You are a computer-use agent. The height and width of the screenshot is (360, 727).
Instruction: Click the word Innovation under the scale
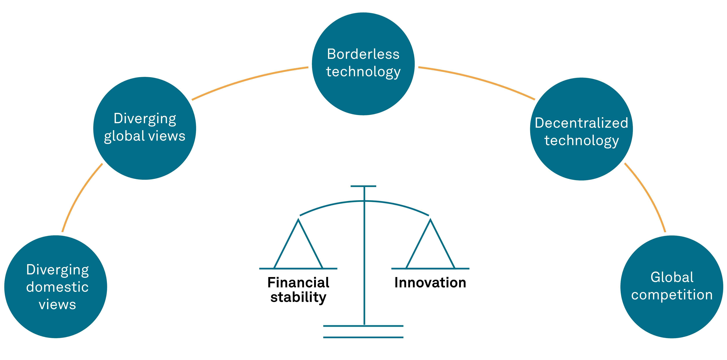pos(430,283)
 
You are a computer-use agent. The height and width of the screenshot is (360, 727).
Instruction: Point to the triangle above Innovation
pos(430,248)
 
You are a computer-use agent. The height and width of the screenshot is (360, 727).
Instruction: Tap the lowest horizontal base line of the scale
pos(363,337)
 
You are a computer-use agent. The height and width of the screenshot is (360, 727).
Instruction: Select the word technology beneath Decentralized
pos(581,140)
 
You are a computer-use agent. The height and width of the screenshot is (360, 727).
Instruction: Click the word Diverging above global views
pos(145,119)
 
